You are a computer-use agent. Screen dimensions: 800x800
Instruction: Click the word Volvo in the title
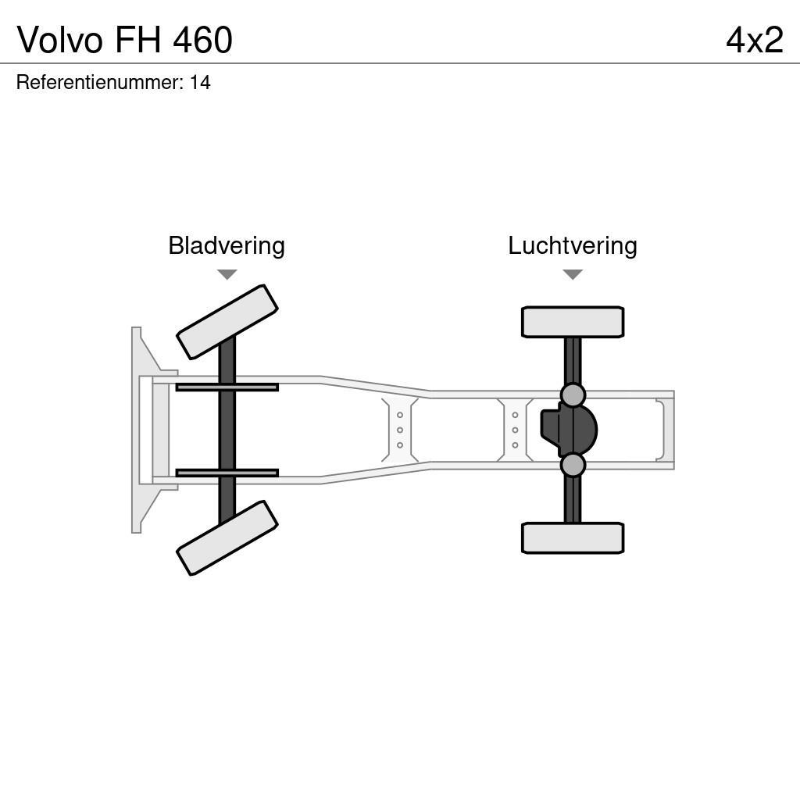click(x=59, y=41)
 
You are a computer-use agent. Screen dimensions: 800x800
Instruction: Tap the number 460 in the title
click(x=202, y=41)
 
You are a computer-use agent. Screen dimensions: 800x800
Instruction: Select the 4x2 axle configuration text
click(x=754, y=41)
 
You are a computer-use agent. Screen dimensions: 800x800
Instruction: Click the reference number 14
click(x=200, y=83)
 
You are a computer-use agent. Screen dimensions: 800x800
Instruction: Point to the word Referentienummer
click(x=99, y=83)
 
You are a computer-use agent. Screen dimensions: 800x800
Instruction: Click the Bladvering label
click(x=227, y=246)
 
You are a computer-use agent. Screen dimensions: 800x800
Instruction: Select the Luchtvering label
click(x=573, y=246)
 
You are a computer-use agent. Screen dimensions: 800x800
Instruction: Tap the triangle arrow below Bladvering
click(x=227, y=274)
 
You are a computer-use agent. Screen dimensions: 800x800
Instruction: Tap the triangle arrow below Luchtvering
click(x=573, y=274)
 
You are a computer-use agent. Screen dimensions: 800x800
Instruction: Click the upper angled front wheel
click(x=227, y=322)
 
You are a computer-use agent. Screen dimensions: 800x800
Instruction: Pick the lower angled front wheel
click(x=227, y=538)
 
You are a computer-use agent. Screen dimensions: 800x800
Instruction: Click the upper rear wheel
click(x=573, y=322)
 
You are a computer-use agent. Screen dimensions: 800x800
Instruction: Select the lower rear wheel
click(x=573, y=538)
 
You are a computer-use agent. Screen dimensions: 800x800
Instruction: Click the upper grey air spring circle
click(x=573, y=395)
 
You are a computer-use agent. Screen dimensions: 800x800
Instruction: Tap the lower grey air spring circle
click(x=573, y=465)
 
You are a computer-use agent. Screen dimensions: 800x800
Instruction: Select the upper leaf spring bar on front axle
click(x=227, y=387)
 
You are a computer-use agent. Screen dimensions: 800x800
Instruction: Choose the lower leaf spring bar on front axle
click(x=227, y=473)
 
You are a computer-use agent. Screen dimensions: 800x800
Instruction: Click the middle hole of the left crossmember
click(x=400, y=430)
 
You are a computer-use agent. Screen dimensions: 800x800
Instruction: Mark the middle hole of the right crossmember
click(x=515, y=430)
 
